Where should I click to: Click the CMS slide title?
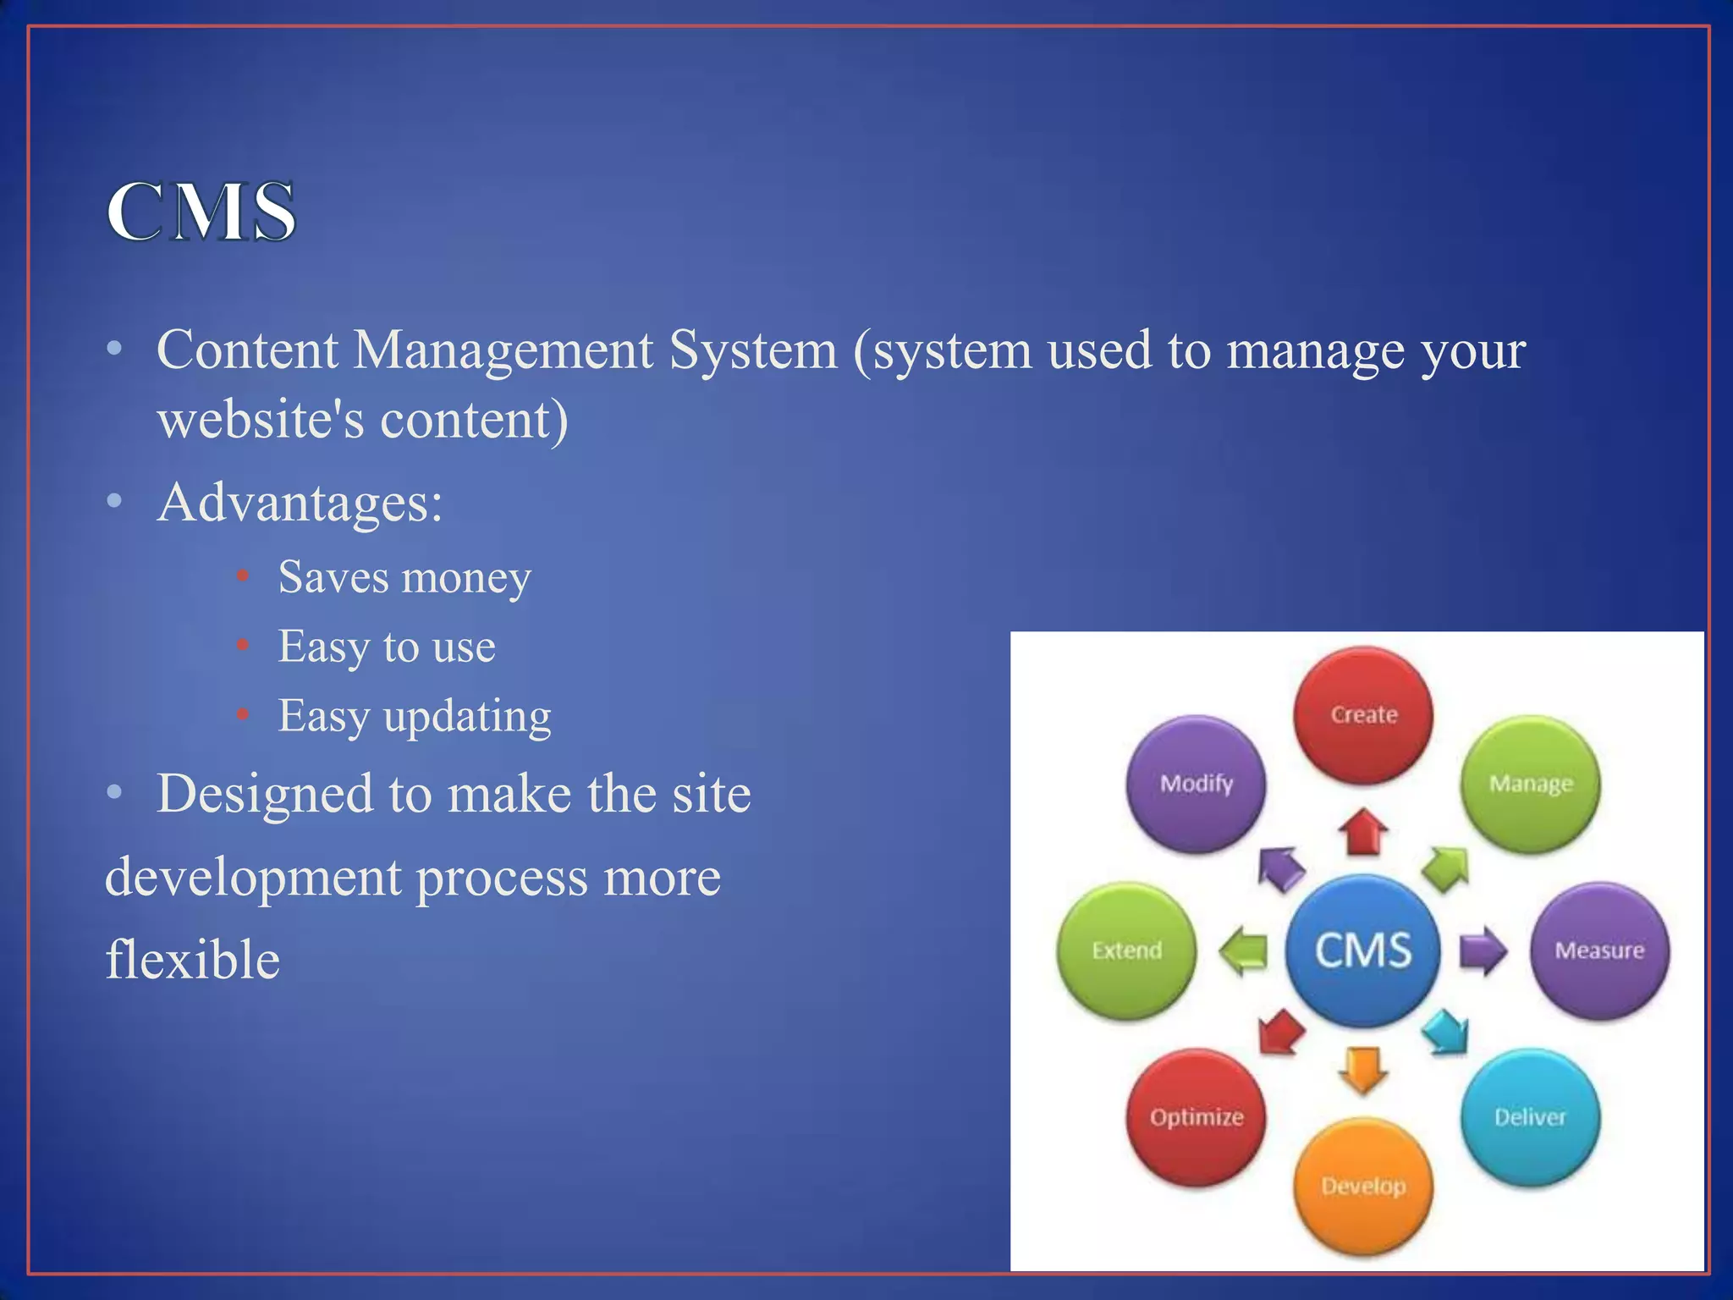(201, 212)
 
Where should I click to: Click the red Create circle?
(1363, 714)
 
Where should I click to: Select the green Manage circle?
(1530, 784)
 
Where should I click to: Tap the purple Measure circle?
(1599, 950)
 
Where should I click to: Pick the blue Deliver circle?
(1530, 1117)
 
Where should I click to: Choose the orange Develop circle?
(1363, 1186)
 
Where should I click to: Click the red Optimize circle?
(1197, 1117)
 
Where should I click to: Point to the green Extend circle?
(1127, 950)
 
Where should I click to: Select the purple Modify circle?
(1197, 784)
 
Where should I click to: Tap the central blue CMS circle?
(1363, 950)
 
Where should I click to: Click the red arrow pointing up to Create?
(1363, 832)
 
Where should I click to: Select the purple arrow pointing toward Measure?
(1483, 950)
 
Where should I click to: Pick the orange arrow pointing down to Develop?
(1363, 1070)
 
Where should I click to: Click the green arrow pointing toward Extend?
(1244, 950)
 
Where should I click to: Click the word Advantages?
(300, 503)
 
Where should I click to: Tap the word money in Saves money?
(466, 579)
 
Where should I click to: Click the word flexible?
(193, 960)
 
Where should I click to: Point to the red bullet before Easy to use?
(243, 647)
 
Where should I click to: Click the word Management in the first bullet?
(503, 350)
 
